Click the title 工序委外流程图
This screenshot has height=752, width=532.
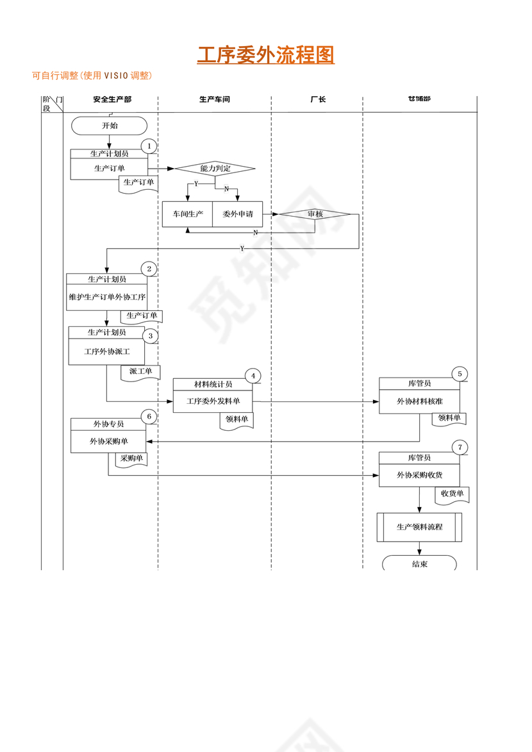(265, 55)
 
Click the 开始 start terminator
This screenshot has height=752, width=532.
(110, 126)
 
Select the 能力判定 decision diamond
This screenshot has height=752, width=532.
(215, 169)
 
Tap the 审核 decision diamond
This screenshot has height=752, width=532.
(315, 213)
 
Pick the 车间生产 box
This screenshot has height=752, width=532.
(187, 214)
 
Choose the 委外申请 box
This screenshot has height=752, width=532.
(238, 214)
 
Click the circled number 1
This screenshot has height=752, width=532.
(149, 146)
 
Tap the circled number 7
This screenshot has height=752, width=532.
(459, 447)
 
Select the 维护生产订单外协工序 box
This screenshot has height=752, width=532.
(107, 297)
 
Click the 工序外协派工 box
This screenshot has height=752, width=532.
(106, 352)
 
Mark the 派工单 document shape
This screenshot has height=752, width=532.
(140, 372)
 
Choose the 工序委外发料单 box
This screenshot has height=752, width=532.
(213, 401)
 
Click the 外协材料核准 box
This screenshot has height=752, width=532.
(419, 401)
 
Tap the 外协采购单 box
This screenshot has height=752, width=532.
(108, 441)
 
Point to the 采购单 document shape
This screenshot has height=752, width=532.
(131, 459)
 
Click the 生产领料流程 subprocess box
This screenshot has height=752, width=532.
(419, 527)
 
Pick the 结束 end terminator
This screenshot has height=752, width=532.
(419, 564)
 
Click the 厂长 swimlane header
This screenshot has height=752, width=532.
(317, 99)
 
